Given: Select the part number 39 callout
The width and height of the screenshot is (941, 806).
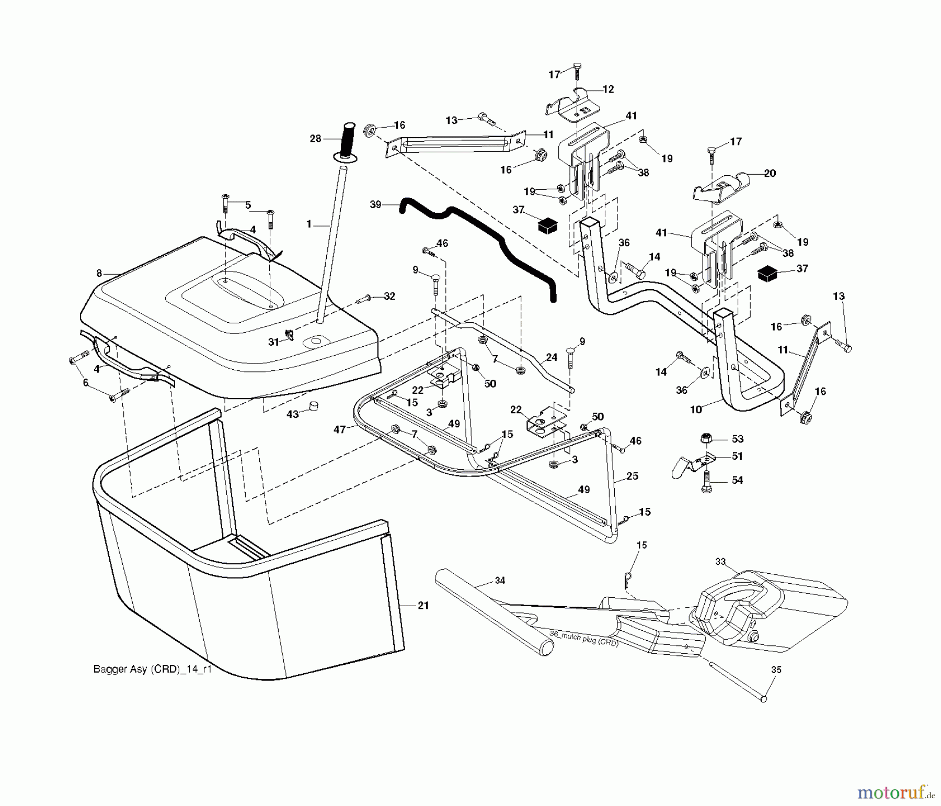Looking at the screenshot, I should (x=375, y=205).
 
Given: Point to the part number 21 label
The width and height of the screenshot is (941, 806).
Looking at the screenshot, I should (x=423, y=605).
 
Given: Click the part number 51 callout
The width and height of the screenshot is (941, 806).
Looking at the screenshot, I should (x=737, y=456).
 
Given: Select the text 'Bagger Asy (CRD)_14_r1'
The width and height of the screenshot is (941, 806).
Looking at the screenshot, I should (x=152, y=669).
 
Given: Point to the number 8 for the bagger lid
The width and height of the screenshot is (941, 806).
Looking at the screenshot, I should (x=99, y=273).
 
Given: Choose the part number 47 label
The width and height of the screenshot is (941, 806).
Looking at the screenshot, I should (x=339, y=429).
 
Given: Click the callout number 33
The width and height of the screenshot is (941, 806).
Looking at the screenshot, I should (x=721, y=561).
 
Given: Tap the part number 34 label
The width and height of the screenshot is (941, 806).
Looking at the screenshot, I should (x=500, y=580).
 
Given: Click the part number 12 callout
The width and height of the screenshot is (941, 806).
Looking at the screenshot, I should (x=608, y=89).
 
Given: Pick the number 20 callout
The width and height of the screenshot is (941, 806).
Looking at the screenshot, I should (x=770, y=173).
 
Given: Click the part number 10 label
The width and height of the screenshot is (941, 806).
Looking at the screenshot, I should (x=695, y=410).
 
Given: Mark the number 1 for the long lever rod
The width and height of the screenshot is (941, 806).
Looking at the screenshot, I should (x=308, y=224).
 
